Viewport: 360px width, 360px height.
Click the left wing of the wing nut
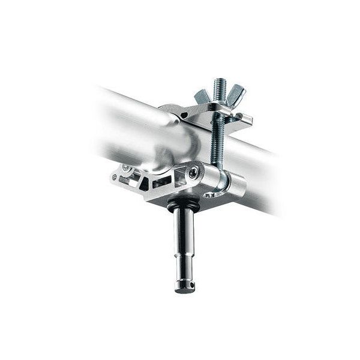202,95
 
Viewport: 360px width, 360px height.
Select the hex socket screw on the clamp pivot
193,173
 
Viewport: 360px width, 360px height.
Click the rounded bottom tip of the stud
185,290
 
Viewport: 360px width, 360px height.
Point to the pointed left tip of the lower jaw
113,178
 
